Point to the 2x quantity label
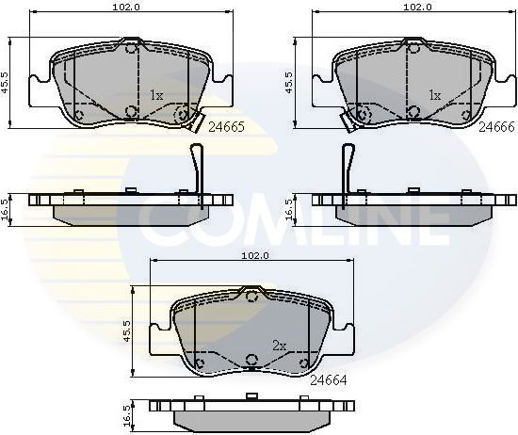pyautogui.click(x=278, y=346)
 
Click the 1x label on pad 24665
pyautogui.click(x=156, y=95)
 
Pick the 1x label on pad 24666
pyautogui.click(x=435, y=95)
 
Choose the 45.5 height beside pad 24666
pyautogui.click(x=287, y=83)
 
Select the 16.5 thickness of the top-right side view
pyautogui.click(x=289, y=207)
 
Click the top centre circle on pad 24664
pyautogui.click(x=251, y=295)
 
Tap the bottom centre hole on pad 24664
pyautogui.click(x=251, y=360)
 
